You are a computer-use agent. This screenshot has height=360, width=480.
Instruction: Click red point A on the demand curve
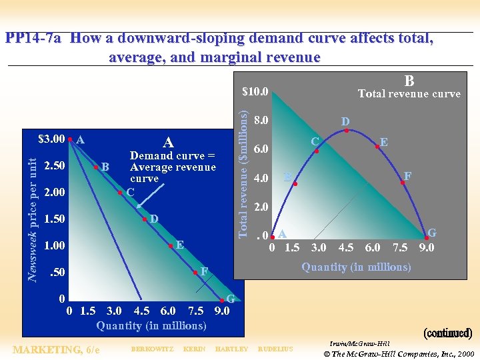click(x=71, y=140)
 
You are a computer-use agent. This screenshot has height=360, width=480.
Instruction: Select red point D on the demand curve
click(x=145, y=219)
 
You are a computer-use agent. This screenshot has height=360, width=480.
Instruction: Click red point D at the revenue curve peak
click(x=346, y=131)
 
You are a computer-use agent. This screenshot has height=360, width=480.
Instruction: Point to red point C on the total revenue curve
click(x=317, y=151)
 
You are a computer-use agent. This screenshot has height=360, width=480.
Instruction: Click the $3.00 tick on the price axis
click(x=52, y=140)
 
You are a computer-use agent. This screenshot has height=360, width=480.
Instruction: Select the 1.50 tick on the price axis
click(x=54, y=219)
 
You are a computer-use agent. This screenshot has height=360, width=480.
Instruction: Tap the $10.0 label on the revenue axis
click(x=255, y=91)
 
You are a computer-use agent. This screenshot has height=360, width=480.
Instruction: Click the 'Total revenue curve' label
click(x=409, y=94)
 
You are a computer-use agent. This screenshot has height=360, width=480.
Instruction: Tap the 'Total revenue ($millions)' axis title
click(x=244, y=165)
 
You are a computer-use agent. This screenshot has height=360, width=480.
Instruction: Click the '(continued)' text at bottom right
click(x=448, y=333)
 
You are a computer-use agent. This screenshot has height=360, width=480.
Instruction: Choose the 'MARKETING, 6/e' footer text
click(x=57, y=349)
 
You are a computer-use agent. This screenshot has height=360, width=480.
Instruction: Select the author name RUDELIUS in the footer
click(x=275, y=349)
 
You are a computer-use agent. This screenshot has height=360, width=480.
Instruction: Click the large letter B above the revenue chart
click(x=409, y=80)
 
